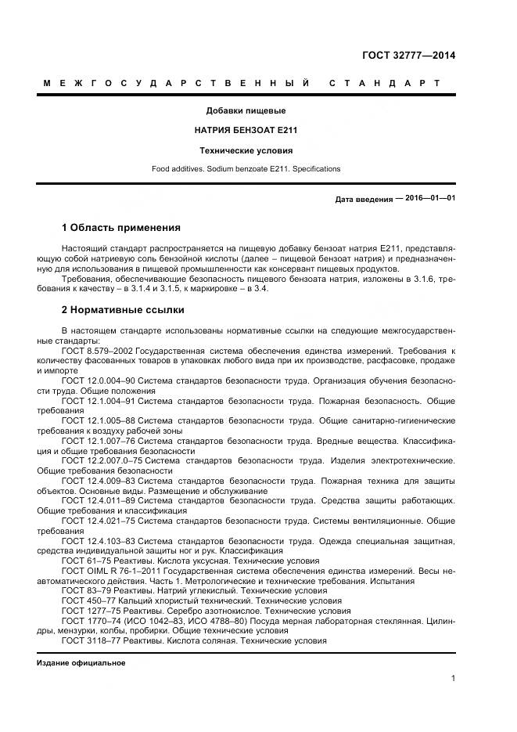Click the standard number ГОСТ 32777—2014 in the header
click(408, 56)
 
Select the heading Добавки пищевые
click(246, 110)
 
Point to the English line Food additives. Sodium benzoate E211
click(246, 168)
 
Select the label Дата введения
click(364, 199)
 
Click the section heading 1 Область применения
click(120, 228)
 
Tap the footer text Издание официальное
click(81, 662)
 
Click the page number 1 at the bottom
click(453, 678)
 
